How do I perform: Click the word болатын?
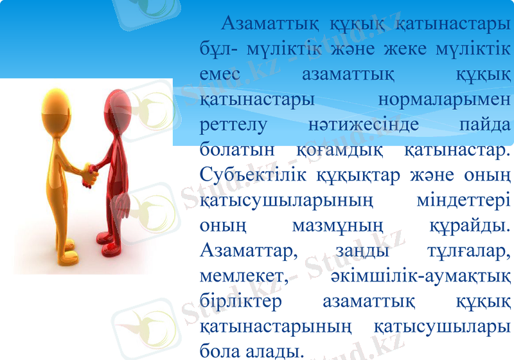(x=233, y=150)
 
